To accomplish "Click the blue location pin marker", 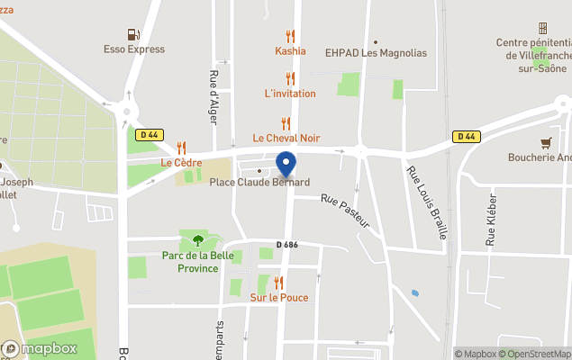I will [286, 165].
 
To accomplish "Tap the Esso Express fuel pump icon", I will [134, 35].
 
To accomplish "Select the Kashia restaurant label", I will [290, 51].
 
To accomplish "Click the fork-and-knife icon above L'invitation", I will [290, 79].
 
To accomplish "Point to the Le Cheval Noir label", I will [286, 138].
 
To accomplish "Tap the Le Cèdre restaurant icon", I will [181, 148].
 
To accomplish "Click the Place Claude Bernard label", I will [259, 183].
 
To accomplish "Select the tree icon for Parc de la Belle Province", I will [197, 239].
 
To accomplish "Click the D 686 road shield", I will [287, 245].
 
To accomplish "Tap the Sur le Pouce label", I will [278, 298].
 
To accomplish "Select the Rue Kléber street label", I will [492, 219].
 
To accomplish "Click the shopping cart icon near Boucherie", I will [546, 142].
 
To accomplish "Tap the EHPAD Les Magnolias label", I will [377, 52].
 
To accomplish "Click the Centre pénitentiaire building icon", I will [542, 29].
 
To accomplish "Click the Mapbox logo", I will [40, 348].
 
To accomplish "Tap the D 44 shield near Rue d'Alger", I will [150, 135].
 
